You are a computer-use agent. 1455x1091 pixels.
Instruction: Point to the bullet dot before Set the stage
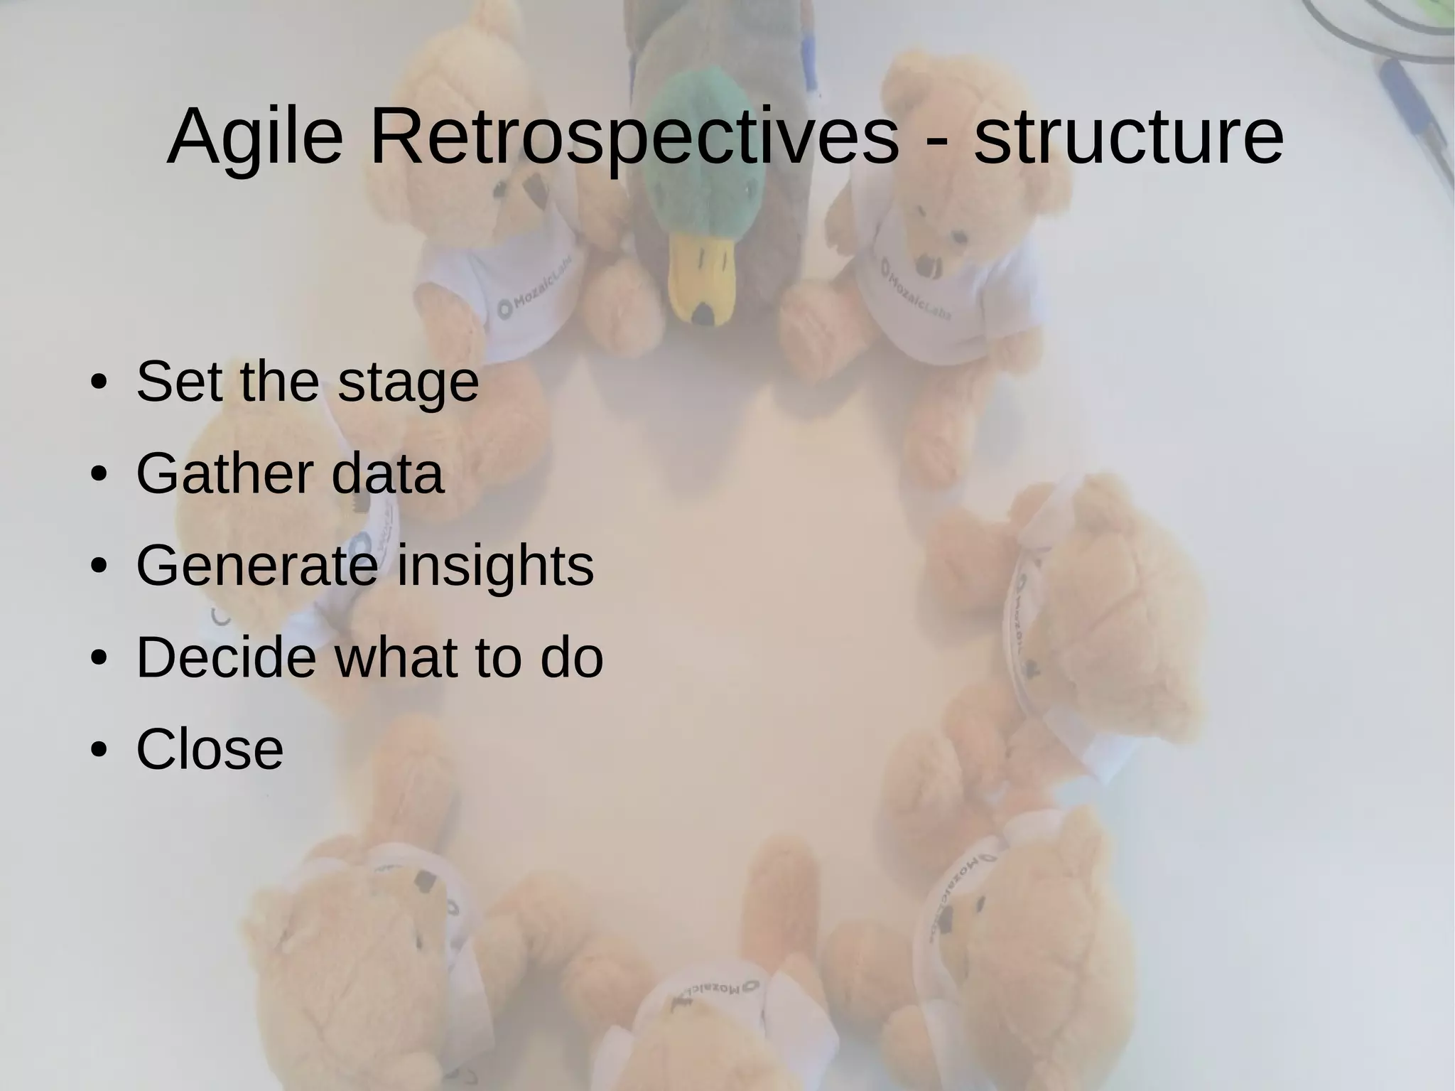[98, 384]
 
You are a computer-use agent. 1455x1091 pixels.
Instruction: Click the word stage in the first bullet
[408, 384]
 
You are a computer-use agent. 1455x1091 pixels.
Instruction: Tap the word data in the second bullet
[387, 474]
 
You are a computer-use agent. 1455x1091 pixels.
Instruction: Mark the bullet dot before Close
[98, 750]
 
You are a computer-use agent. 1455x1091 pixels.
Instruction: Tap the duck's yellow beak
[701, 281]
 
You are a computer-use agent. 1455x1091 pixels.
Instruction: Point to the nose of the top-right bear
[925, 265]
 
